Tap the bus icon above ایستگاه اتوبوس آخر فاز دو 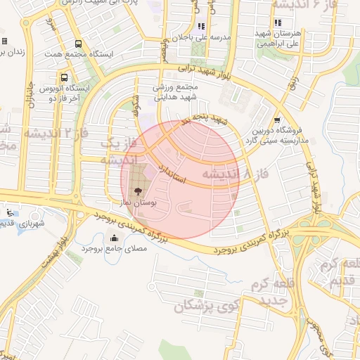(64, 77)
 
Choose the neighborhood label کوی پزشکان (210, 306)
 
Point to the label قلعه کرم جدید (266, 292)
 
